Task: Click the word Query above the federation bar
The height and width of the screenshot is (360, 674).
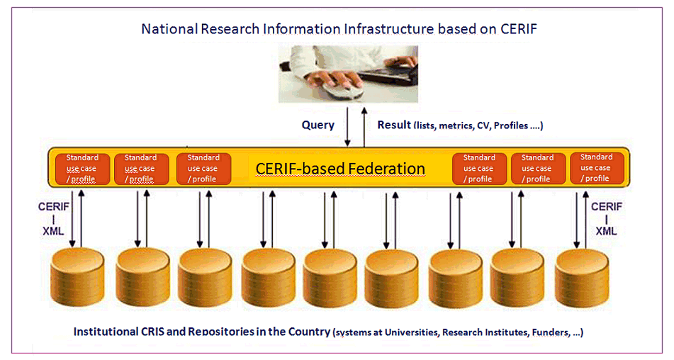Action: [318, 125]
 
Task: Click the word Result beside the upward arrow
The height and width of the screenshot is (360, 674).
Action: [394, 125]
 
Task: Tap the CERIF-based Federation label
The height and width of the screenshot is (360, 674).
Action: [340, 169]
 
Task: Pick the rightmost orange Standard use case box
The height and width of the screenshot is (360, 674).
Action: [597, 168]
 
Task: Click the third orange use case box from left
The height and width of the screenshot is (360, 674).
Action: [203, 169]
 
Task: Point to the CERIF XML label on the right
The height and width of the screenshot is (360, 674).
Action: [606, 218]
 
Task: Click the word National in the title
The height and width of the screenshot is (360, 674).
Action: [168, 30]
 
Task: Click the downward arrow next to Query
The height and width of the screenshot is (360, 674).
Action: [348, 128]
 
